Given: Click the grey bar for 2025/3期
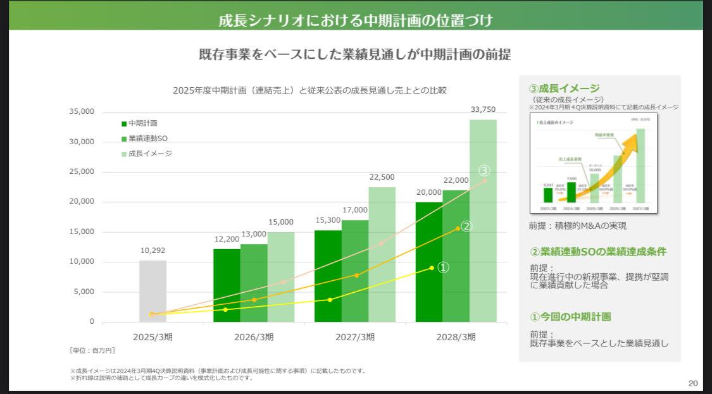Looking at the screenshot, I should tap(153, 291).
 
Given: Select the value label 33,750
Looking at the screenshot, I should tap(483, 109).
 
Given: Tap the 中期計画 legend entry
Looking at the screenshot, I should tap(139, 123).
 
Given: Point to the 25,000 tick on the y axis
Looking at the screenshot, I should tap(82, 171).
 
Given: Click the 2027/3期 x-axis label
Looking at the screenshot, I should tap(354, 337).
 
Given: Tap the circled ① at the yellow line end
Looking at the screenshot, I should tap(444, 268).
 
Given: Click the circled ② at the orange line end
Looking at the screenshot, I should tap(466, 226).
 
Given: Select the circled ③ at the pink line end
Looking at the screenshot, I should tap(484, 171).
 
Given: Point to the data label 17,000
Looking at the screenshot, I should tap(355, 209).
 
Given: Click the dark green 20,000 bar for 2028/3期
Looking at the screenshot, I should tap(429, 262).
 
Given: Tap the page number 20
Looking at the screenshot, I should tap(692, 383).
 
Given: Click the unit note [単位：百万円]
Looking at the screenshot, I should tap(92, 350).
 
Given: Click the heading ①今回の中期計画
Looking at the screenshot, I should tap(570, 317).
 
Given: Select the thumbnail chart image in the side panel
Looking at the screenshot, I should tap(592, 163).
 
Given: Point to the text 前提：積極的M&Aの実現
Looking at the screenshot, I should tap(578, 226).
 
